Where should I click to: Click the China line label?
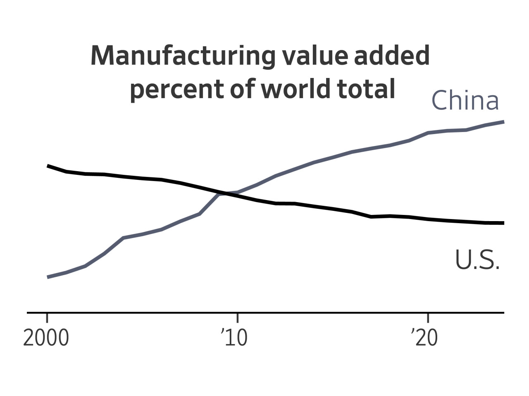click(465, 100)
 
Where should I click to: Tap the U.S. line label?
click(477, 260)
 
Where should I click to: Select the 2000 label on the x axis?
click(46, 338)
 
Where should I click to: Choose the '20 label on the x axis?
click(424, 338)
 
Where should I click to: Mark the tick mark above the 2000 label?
click(47, 318)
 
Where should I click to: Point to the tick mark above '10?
click(237, 318)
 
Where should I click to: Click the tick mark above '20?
click(428, 318)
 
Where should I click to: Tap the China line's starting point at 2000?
click(48, 277)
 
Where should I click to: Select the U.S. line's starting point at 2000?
click(48, 166)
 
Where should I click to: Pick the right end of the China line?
click(503, 122)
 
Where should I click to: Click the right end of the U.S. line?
click(503, 223)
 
